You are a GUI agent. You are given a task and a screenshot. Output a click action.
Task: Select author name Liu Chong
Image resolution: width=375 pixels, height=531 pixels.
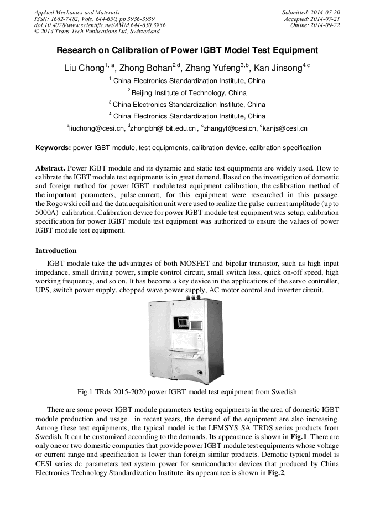(x=84, y=69)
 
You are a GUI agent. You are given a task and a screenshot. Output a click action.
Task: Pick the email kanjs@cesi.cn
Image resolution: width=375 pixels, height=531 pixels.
(x=285, y=128)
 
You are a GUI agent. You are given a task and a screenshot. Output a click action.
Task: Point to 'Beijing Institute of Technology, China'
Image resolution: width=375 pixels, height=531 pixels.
(x=189, y=92)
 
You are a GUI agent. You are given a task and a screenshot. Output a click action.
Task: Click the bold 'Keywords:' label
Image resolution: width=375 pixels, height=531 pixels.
(x=53, y=148)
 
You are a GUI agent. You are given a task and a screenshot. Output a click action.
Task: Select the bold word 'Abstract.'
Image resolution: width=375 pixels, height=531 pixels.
(x=51, y=168)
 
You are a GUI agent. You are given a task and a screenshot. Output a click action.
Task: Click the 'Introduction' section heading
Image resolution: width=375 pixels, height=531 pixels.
(x=56, y=251)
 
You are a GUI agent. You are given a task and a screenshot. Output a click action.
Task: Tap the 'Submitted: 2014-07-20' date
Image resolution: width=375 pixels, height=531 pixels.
(x=311, y=12)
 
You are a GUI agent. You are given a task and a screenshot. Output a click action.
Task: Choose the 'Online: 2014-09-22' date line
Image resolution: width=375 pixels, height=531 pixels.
(x=315, y=25)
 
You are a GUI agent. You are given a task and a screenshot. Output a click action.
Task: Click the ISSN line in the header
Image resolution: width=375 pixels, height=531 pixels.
(x=94, y=19)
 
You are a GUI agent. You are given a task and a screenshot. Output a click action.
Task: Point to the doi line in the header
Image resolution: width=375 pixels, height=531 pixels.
(x=100, y=25)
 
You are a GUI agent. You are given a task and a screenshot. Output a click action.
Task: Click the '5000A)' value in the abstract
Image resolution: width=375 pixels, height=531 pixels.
(x=47, y=212)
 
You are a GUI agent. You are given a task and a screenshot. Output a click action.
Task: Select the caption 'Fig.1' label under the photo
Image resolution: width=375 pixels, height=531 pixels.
(x=85, y=392)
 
